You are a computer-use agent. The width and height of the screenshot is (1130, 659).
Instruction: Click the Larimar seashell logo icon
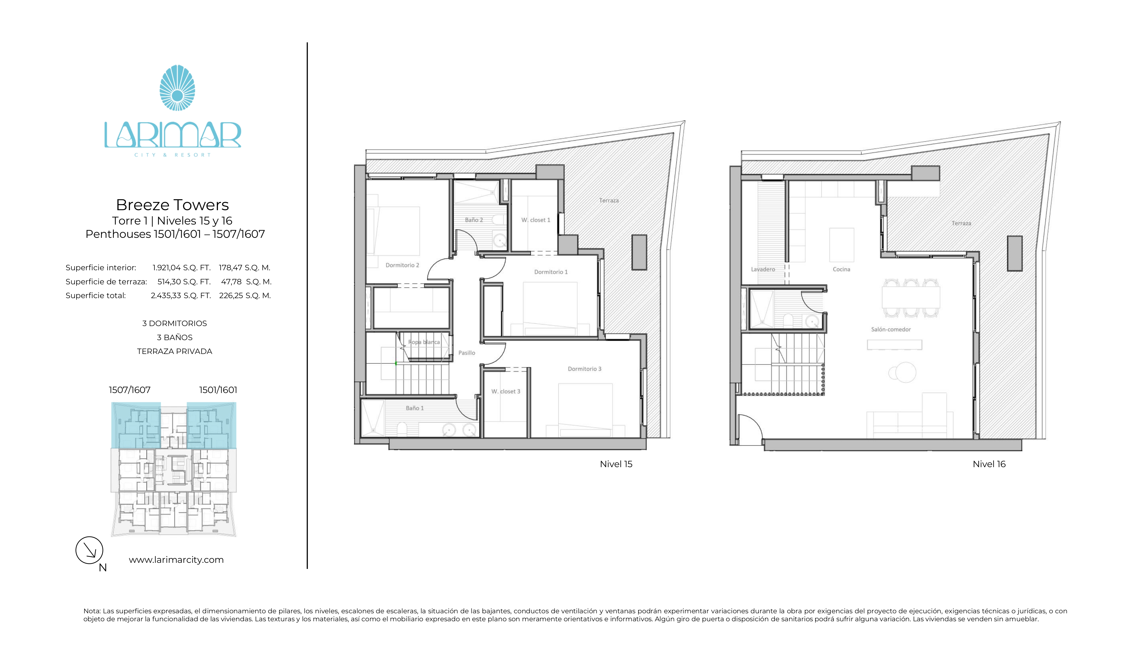pos(177,88)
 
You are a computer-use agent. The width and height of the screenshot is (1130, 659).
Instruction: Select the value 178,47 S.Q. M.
pos(244,268)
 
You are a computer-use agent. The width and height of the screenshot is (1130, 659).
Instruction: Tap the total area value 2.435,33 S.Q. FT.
pos(181,295)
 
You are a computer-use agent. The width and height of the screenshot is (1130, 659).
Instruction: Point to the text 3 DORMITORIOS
pos(174,323)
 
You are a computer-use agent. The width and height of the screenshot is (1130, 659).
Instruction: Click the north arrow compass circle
pos(89,550)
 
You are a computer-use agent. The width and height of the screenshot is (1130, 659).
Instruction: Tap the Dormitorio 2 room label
pos(402,265)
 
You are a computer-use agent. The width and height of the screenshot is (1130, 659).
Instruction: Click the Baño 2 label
pos(474,220)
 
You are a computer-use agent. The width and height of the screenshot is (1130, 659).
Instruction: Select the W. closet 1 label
pos(536,220)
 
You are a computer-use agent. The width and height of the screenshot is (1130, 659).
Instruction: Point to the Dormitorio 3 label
pos(584,369)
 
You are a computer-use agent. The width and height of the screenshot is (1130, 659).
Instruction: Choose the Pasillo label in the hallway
pos(466,353)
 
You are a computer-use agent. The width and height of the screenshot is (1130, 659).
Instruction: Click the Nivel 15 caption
pos(616,464)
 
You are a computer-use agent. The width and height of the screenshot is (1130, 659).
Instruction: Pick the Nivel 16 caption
pos(989,464)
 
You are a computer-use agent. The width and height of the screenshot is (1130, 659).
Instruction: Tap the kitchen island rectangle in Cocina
pos(841,245)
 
